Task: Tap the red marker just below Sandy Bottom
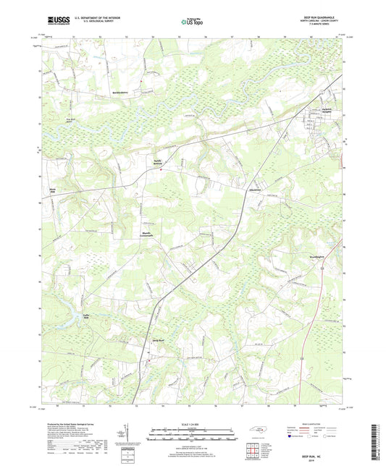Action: (x=160, y=171)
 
